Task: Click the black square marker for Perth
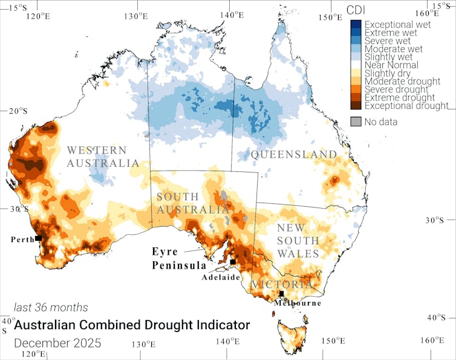(x=38, y=238)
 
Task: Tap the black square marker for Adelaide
(x=232, y=262)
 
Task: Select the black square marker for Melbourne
(x=281, y=293)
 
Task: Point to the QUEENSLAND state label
(x=294, y=155)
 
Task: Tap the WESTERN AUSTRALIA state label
(x=103, y=157)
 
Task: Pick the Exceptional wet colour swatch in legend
(x=356, y=24)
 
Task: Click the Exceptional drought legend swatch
(x=356, y=106)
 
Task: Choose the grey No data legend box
(x=356, y=122)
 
